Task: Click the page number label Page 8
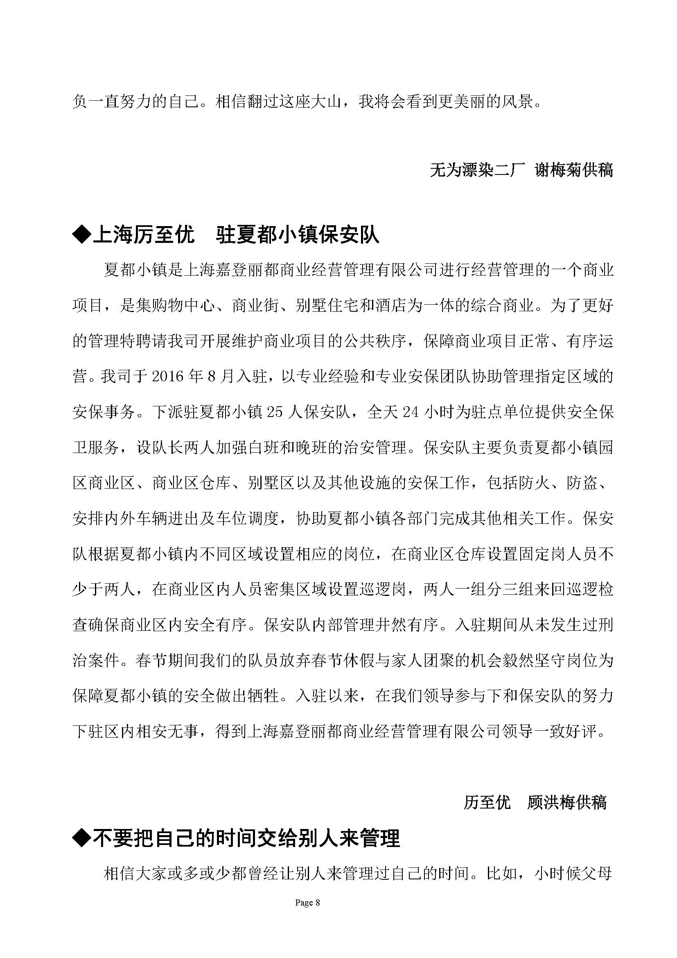pos(307,903)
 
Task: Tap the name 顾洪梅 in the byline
pos(551,802)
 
